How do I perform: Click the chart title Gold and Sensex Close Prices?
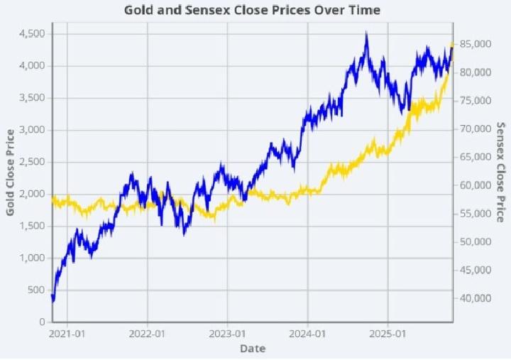pos(252,10)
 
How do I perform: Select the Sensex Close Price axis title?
pos(500,172)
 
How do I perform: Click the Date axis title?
pos(253,349)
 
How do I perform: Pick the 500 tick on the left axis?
pos(35,290)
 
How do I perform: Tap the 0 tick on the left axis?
pos(42,322)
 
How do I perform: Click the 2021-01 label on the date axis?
pos(67,333)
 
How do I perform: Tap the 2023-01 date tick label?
pos(228,333)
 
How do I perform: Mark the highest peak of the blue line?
pos(366,33)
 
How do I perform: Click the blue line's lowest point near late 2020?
pos(53,300)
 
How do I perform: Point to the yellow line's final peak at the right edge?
pos(452,45)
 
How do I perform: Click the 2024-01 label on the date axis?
pos(308,333)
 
